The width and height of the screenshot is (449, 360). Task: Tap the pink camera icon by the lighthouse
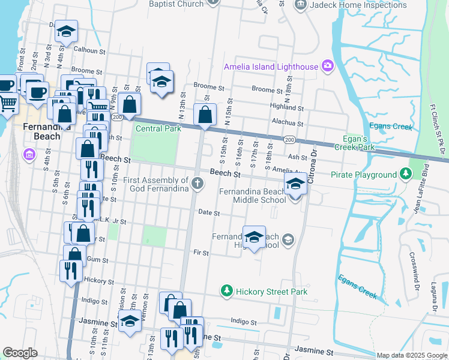(x=327, y=65)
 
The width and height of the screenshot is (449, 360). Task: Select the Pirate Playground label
(x=364, y=175)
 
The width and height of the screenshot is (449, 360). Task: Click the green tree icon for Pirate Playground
(x=406, y=174)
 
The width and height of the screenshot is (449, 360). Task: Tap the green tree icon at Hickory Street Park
(x=226, y=292)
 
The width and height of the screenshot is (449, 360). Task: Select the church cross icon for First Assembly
(x=197, y=182)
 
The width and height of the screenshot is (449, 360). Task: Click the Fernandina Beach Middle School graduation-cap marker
(x=295, y=184)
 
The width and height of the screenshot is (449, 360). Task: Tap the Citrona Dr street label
(x=312, y=169)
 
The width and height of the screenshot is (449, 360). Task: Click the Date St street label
(x=209, y=213)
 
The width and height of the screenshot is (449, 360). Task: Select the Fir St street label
(x=200, y=253)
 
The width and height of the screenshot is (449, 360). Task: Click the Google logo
(x=20, y=353)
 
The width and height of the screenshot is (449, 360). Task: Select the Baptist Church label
(x=176, y=4)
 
